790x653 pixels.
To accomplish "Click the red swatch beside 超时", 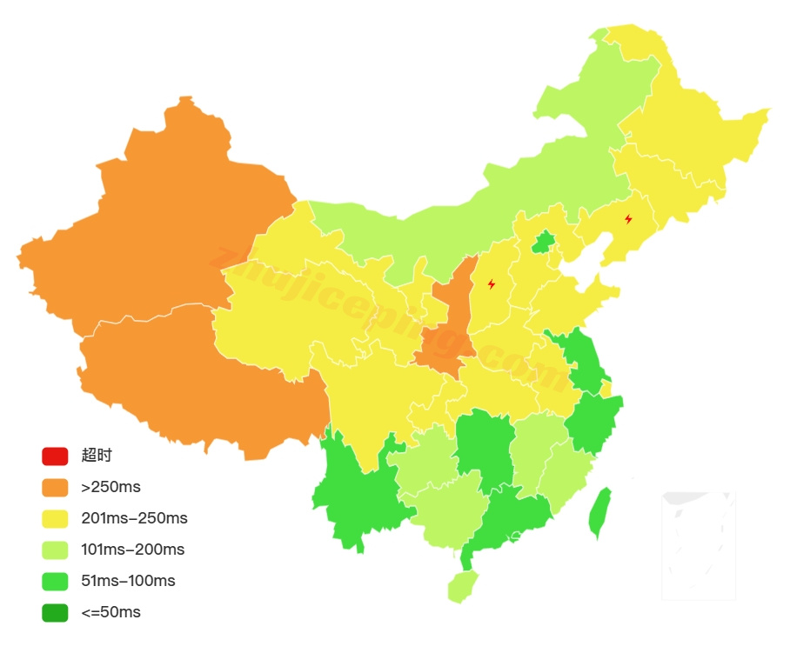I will point(55,456).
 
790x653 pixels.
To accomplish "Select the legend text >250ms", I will point(110,487).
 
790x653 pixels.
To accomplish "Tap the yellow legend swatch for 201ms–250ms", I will point(55,518).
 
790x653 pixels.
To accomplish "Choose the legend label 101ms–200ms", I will point(133,550).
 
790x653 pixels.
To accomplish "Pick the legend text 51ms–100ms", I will point(128,581).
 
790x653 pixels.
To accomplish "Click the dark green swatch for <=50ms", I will point(55,612).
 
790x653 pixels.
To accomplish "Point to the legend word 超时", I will point(97,456).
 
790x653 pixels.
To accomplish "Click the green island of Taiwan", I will point(599,513).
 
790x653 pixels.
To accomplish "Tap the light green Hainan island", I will point(462,585).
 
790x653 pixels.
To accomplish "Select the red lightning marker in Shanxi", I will point(492,283).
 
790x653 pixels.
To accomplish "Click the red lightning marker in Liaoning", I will point(628,219).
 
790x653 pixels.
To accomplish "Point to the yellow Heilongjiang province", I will point(687,130).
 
